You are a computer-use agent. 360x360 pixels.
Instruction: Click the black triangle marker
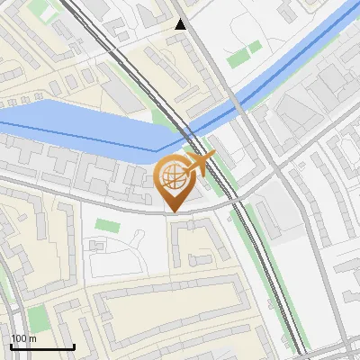181,24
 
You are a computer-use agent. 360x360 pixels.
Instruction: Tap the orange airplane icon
199,163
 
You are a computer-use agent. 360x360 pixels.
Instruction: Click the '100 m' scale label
23,338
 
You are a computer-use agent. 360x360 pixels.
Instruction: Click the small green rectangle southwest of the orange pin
106,224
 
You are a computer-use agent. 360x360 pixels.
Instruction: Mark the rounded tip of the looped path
140,236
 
